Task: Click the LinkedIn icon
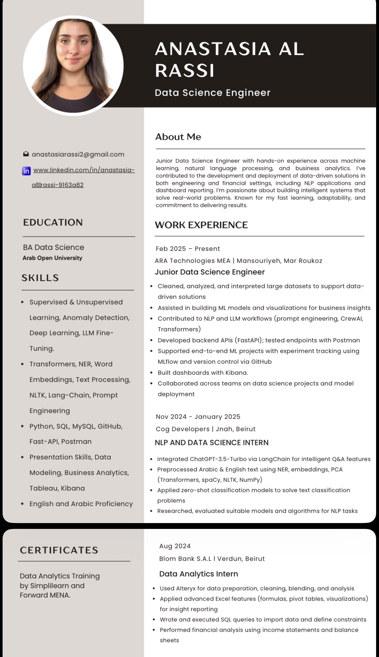(26, 171)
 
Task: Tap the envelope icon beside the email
(26, 154)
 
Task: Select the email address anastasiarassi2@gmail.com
(78, 154)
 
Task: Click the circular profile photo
(73, 66)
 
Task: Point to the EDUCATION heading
(53, 222)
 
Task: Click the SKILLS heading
(40, 278)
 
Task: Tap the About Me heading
(178, 137)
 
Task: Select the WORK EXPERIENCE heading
(201, 225)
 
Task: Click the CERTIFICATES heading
(59, 550)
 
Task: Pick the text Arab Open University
(52, 258)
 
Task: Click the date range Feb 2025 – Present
(188, 249)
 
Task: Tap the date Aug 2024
(175, 546)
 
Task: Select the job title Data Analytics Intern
(199, 574)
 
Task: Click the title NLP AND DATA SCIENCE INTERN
(212, 443)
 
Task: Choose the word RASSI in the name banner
(185, 70)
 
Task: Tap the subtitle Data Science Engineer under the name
(212, 93)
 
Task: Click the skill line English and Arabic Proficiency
(81, 504)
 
